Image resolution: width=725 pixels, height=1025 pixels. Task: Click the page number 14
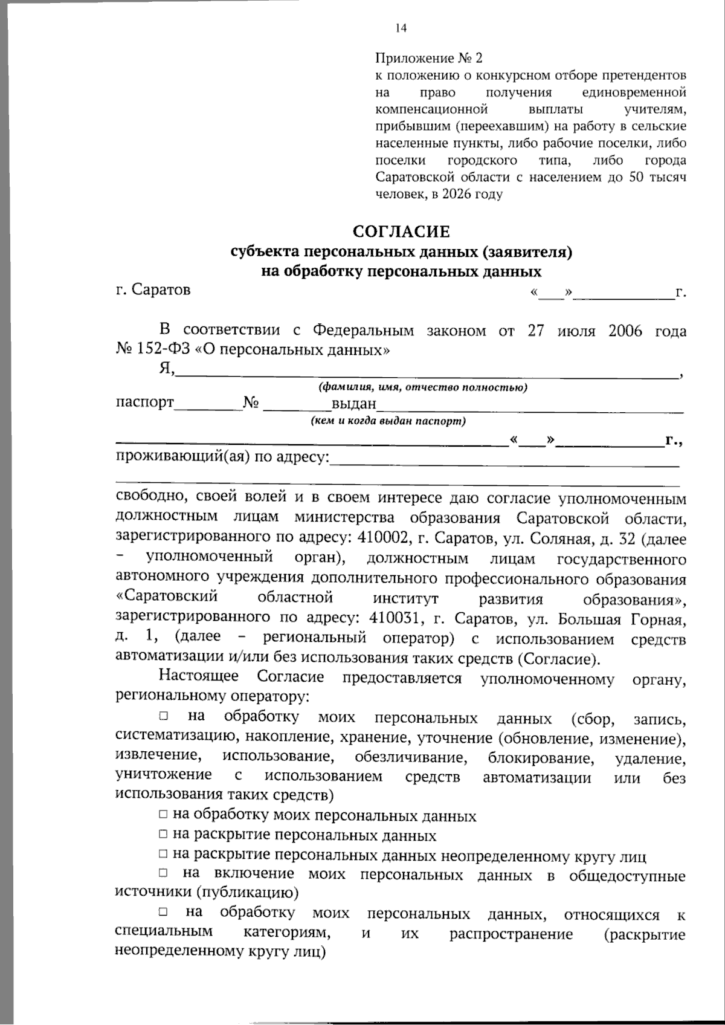[x=401, y=28]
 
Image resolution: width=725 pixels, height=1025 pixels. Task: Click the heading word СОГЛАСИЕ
[x=401, y=232]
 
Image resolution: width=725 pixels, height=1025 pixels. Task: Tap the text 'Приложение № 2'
[x=429, y=59]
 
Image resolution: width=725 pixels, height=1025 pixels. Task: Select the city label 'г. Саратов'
[x=153, y=289]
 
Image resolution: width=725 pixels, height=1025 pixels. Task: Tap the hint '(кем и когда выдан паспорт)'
[x=388, y=421]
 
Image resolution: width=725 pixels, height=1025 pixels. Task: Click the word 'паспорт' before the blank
[x=144, y=402]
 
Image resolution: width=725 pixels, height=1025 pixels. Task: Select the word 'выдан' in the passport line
[x=354, y=403]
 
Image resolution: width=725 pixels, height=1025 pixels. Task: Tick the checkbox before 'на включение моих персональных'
[x=163, y=873]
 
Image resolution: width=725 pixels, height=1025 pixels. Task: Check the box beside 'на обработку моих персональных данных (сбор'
[x=163, y=716]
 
